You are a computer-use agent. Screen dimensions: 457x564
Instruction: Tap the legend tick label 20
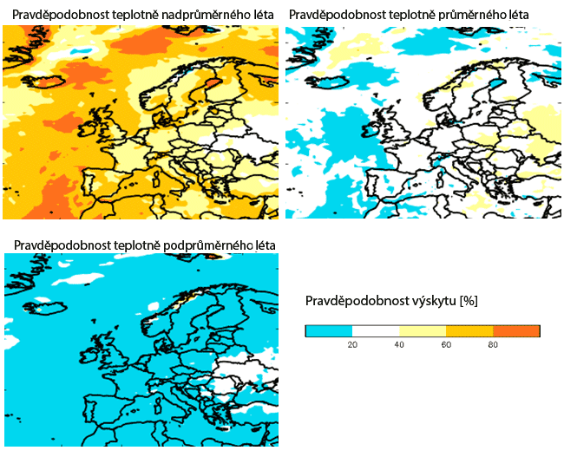click(x=352, y=344)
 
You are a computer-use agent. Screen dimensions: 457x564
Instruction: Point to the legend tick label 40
click(x=399, y=344)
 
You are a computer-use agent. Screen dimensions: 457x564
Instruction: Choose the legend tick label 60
click(x=446, y=344)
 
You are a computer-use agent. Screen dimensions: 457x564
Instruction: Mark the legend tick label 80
click(x=492, y=344)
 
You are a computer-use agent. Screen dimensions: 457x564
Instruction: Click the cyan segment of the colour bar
click(x=329, y=330)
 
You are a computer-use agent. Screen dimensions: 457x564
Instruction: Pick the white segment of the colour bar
click(x=376, y=330)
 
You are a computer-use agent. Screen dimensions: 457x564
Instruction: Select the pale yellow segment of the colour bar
click(x=423, y=330)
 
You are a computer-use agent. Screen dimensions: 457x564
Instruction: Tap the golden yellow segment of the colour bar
click(x=469, y=330)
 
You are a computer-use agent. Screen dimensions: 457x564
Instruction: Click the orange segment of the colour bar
click(x=516, y=330)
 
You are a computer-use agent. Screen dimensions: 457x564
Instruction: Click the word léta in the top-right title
click(x=515, y=16)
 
